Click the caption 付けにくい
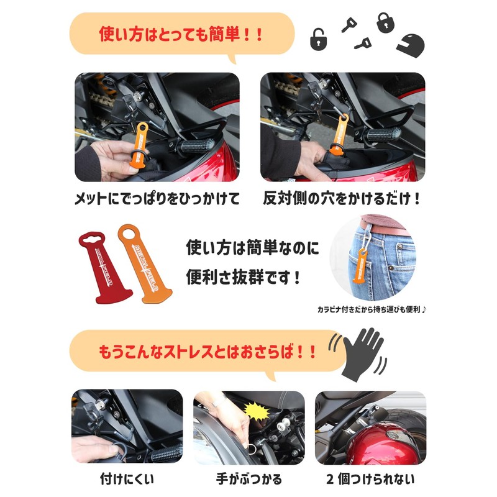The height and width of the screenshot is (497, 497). point(127,479)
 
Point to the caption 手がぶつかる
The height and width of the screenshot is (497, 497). point(250,479)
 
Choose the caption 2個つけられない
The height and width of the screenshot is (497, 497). point(370,479)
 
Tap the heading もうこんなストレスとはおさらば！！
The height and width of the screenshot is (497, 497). point(208,352)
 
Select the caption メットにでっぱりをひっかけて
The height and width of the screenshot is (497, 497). point(157,199)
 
